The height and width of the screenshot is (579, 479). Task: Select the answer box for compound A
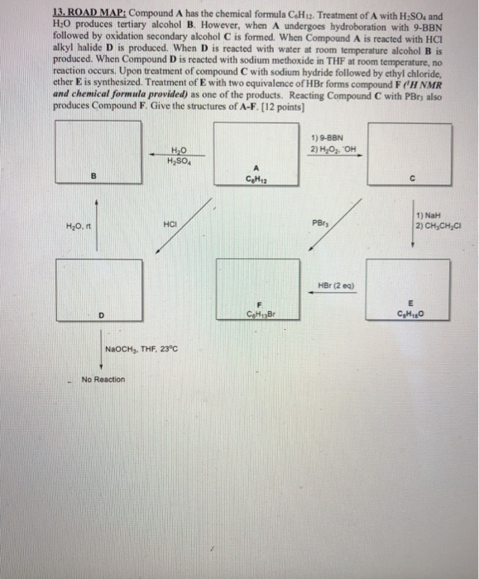coord(256,151)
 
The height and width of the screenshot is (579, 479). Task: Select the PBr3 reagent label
coord(320,223)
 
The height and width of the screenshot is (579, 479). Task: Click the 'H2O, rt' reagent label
coord(78,225)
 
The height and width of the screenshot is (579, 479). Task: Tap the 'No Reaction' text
coord(103,380)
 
